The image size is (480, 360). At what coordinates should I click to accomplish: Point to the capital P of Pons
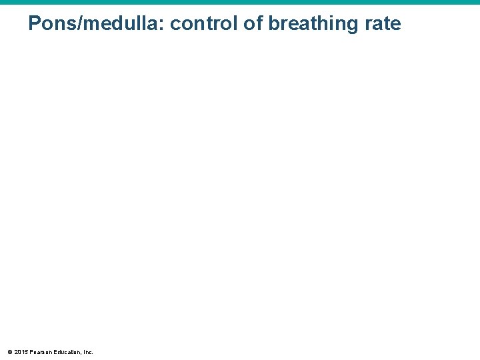tap(34, 24)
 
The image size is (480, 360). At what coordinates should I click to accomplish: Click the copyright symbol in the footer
tap(9, 351)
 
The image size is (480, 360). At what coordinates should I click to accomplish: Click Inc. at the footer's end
tap(87, 351)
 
